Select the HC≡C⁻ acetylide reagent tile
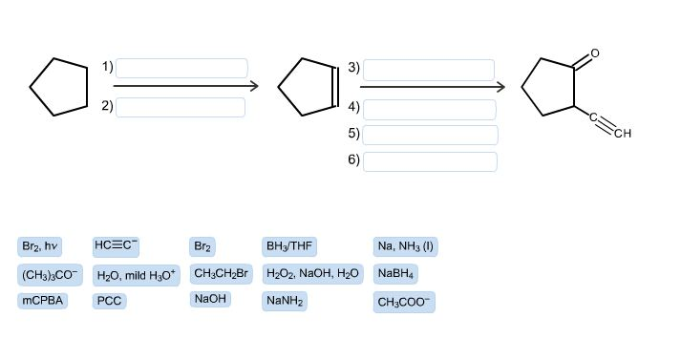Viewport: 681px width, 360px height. pos(117,246)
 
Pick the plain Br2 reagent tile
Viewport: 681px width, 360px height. pos(202,246)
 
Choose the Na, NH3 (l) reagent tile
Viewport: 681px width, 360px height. pos(405,246)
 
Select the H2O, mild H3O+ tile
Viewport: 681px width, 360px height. pos(137,275)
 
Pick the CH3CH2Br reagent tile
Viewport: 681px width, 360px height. pos(221,274)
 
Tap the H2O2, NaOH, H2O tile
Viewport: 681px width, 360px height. pos(313,274)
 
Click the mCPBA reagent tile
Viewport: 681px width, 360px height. pos(42,302)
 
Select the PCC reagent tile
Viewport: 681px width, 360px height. pos(109,302)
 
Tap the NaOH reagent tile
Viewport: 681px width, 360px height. pos(210,300)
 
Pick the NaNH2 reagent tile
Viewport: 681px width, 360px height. pos(286,302)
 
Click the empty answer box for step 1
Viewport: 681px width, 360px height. pos(181,69)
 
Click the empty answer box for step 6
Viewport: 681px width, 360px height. pos(430,160)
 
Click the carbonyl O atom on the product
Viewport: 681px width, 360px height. pos(595,53)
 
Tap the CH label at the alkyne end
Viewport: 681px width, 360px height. pos(623,133)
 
